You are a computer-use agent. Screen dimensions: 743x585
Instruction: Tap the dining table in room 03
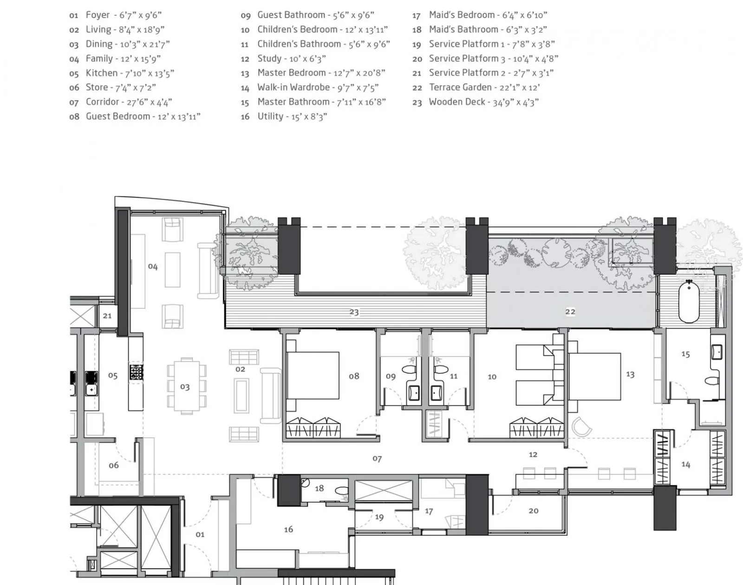pos(186,386)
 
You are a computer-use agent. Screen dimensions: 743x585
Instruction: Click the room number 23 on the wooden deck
pos(354,312)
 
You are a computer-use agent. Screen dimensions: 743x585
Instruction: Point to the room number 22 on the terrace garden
pos(570,312)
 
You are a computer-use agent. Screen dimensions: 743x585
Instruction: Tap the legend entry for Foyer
pos(115,15)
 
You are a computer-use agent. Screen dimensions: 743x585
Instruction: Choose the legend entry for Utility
pos(284,117)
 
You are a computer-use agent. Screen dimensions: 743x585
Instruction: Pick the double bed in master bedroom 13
pos(594,377)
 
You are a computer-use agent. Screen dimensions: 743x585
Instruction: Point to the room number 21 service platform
pos(107,316)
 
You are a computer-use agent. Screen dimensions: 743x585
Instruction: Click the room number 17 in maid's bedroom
pos(429,511)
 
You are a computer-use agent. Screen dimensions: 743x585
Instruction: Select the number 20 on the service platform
pos(534,510)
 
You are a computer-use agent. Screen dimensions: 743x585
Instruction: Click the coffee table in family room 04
pos(172,270)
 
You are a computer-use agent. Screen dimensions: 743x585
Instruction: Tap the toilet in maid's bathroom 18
pos(343,491)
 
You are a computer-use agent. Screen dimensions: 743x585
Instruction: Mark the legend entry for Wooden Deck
pos(475,102)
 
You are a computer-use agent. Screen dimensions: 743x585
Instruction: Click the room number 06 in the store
pos(114,465)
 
